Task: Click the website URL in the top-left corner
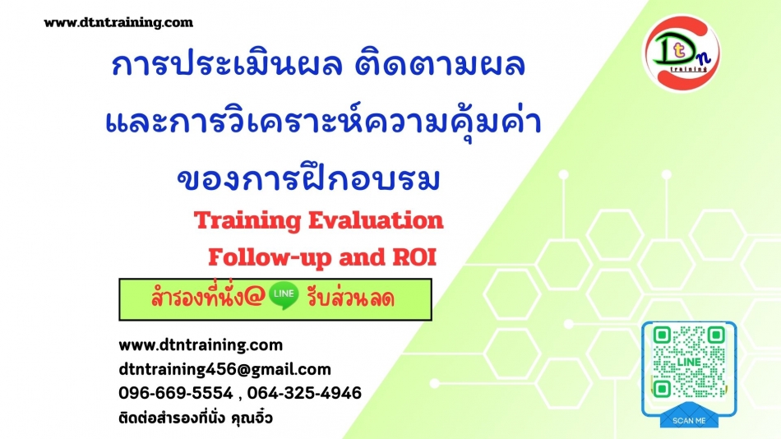(118, 22)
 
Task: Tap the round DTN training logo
(682, 53)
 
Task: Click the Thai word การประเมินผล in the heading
(227, 65)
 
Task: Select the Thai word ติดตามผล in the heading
(440, 65)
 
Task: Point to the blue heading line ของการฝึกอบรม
(309, 178)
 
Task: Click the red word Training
(247, 221)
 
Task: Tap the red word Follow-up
(270, 258)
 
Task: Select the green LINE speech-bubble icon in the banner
(284, 295)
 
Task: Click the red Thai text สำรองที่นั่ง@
(208, 297)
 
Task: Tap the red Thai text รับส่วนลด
(351, 298)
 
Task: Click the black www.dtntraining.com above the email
(201, 344)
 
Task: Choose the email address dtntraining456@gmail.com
(224, 369)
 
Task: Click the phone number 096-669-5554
(176, 393)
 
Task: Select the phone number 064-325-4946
(304, 393)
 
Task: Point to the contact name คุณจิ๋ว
(252, 417)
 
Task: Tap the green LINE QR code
(689, 363)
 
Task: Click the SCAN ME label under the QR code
(689, 421)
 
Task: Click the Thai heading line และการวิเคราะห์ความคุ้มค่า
(324, 122)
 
